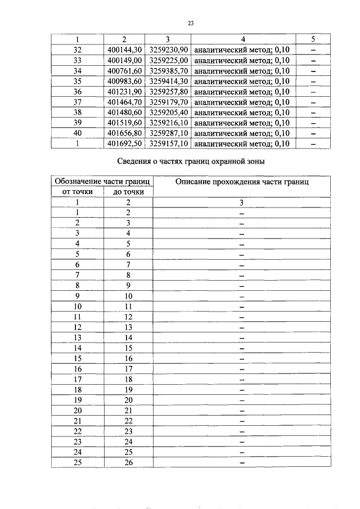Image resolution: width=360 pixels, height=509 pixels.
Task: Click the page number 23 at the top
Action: pyautogui.click(x=190, y=24)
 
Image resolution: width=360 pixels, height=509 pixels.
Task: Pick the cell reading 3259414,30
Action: pyautogui.click(x=169, y=81)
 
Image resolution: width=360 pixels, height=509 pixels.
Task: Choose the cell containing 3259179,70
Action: pyautogui.click(x=169, y=102)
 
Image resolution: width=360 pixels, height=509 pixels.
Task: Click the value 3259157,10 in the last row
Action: pyautogui.click(x=169, y=144)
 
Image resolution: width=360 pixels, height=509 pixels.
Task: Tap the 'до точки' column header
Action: pyautogui.click(x=128, y=192)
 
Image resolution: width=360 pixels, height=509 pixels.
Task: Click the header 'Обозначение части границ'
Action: pyautogui.click(x=102, y=182)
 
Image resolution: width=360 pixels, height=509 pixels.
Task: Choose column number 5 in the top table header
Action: pyautogui.click(x=313, y=39)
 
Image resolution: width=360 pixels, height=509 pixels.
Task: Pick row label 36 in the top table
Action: pyautogui.click(x=78, y=92)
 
